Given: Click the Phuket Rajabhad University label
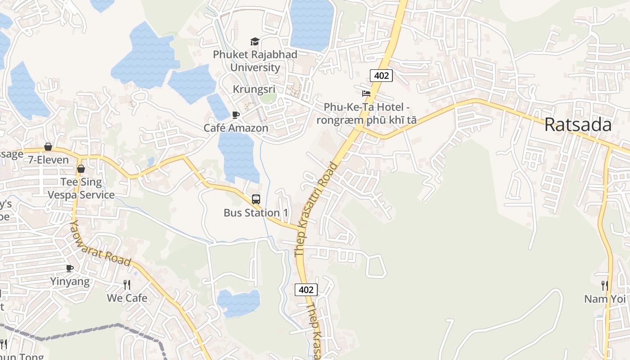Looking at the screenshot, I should point(255,61).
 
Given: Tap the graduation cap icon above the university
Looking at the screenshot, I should point(255,42).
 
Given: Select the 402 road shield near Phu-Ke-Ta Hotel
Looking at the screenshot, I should point(381,76).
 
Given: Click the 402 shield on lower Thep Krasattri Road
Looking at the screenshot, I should point(306,290).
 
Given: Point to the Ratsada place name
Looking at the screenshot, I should point(578,125).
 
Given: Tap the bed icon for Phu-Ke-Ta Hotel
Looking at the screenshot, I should point(366,94).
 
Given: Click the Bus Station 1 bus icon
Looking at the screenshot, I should point(256,199).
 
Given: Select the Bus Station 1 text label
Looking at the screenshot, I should point(256,212).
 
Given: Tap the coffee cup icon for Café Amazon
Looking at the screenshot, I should point(236,115).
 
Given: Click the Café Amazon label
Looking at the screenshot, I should point(236,128).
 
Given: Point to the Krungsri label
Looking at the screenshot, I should point(254,89).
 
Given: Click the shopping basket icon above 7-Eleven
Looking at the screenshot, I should point(48,147).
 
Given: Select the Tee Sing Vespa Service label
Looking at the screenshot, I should point(81,189).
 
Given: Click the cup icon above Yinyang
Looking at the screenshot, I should point(70,269).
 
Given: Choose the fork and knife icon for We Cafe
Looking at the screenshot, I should point(127,284).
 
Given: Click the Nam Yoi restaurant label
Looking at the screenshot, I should point(605,299).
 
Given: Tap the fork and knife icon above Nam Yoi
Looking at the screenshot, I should point(605,285).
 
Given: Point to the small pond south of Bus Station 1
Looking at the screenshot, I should point(239,303).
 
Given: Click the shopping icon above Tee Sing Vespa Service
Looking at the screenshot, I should point(81,169).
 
